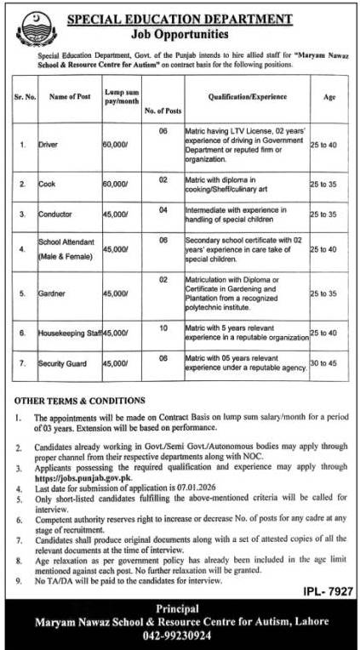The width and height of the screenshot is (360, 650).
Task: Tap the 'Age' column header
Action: pyautogui.click(x=329, y=98)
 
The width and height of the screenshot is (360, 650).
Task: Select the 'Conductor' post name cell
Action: pyautogui.click(x=55, y=214)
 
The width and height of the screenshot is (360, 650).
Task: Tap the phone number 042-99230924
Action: pyautogui.click(x=181, y=635)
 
